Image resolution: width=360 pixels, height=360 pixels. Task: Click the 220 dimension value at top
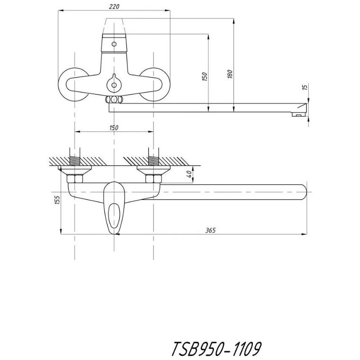[x=114, y=7]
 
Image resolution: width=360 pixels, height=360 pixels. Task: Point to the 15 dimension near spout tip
[x=305, y=87]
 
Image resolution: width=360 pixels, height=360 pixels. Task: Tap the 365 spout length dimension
[x=211, y=230]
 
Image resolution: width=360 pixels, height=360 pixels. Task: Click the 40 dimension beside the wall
[x=189, y=174]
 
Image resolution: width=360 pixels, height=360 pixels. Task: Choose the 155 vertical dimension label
[x=57, y=200]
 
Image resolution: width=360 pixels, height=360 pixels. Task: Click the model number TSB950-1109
[x=216, y=349]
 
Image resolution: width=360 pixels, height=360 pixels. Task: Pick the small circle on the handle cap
[x=114, y=44]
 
